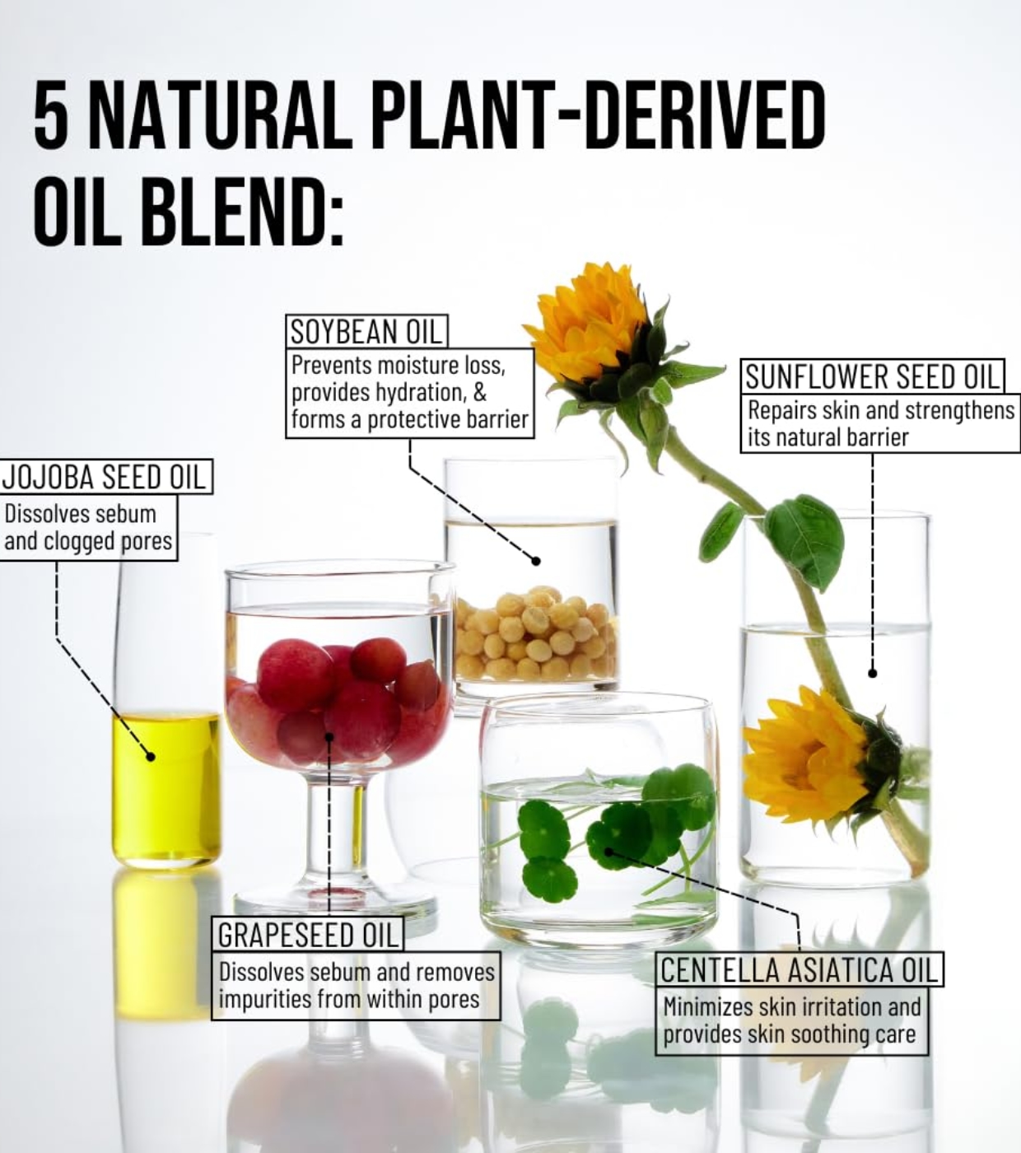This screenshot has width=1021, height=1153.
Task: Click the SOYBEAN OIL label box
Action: click(x=366, y=331)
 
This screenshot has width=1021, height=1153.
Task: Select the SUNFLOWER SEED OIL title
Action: click(x=873, y=376)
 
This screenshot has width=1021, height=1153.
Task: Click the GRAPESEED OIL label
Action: click(x=308, y=935)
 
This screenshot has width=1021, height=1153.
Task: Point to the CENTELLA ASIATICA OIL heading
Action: click(x=799, y=969)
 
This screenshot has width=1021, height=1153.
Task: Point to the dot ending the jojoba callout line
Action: click(x=150, y=756)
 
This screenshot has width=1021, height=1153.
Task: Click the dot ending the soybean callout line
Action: click(x=535, y=561)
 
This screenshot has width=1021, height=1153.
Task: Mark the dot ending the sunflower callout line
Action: click(x=873, y=673)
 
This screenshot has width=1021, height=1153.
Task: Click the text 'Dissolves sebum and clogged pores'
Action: click(x=88, y=528)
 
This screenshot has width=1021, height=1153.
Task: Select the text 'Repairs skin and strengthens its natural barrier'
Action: click(x=880, y=423)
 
